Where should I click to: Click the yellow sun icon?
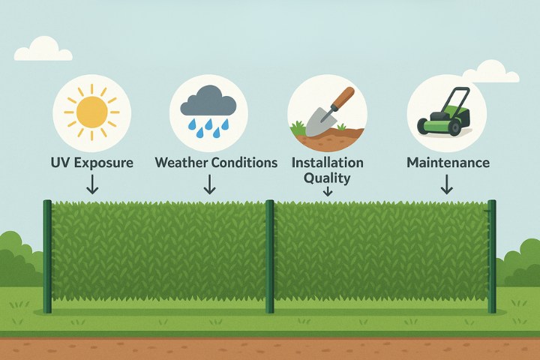point(91,112)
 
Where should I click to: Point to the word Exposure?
point(103,163)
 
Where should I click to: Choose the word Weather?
point(181,162)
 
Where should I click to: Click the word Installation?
point(328,163)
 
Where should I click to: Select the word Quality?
point(327,178)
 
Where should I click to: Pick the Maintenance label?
point(448,163)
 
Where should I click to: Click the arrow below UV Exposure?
point(92,184)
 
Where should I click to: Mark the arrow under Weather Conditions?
point(209,184)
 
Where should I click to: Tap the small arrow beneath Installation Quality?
point(328,191)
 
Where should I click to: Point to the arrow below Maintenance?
point(447,184)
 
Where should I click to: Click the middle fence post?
point(270,256)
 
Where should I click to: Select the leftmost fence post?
point(47,256)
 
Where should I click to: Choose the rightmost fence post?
point(492,256)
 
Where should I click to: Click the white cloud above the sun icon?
point(43,49)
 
